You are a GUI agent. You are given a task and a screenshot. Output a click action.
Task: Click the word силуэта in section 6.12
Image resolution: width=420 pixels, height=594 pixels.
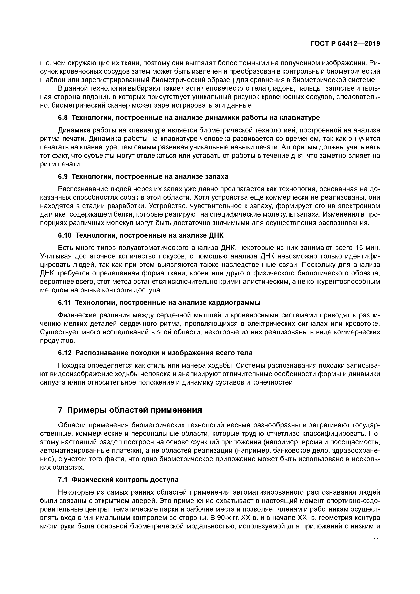pyautogui.click(x=52, y=382)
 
